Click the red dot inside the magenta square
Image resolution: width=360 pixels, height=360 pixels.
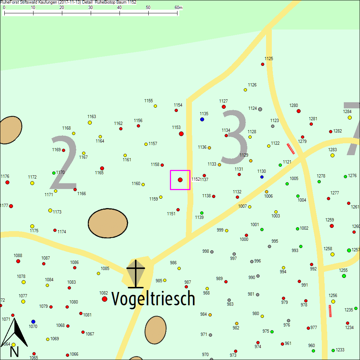tap(180, 180)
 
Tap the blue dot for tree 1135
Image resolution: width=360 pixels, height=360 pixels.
tap(202, 119)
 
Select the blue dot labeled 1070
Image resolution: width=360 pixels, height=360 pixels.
tap(33, 321)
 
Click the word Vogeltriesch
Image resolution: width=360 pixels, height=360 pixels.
tap(153, 298)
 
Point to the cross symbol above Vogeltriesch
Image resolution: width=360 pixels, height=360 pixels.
tap(136, 274)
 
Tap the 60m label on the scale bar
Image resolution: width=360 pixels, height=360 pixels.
tap(179, 8)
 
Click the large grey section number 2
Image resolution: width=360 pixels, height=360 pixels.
tap(64, 163)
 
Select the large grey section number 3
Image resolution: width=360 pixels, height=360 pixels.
tap(234, 136)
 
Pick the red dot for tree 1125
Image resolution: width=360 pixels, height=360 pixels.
tap(262, 64)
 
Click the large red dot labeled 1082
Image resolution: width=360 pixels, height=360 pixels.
tap(105, 299)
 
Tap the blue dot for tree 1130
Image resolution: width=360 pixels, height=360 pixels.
tap(262, 177)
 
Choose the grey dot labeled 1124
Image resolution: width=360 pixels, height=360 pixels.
tap(260, 109)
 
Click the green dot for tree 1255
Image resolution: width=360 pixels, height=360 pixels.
tap(344, 276)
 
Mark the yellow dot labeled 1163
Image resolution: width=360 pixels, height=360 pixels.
tap(90, 122)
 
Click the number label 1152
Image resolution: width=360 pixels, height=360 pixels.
tap(195, 179)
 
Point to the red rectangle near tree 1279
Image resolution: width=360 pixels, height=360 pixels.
tap(291, 149)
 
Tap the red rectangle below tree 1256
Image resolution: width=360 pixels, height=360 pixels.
tap(330, 311)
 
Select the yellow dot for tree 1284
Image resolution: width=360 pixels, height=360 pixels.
tap(350, 117)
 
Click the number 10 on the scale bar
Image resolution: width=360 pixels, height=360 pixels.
tap(33, 8)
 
